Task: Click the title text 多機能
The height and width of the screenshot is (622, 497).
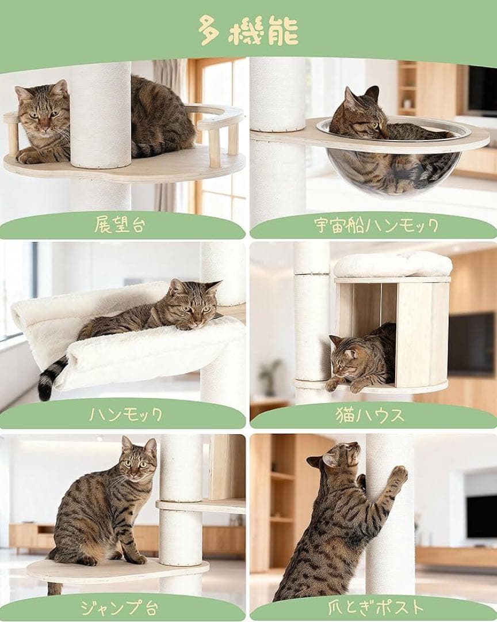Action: (x=248, y=30)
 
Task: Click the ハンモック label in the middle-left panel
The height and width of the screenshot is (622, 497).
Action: (x=125, y=414)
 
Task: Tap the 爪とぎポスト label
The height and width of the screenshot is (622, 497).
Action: (x=376, y=607)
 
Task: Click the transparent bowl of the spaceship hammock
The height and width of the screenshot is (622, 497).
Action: (x=391, y=167)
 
